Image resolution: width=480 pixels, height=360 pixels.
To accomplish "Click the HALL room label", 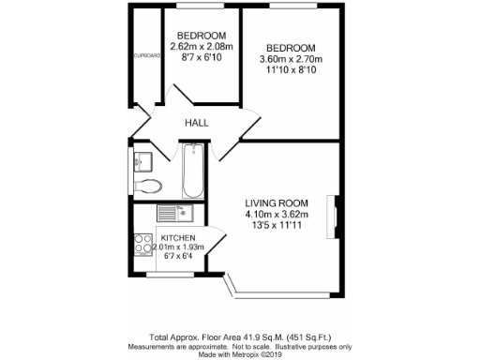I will [x=196, y=123].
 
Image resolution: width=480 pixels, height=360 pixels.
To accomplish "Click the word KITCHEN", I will [x=178, y=238].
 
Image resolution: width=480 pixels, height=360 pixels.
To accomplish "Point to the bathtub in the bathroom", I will [x=192, y=171].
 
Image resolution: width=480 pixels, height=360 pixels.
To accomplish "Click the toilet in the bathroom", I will [x=149, y=185].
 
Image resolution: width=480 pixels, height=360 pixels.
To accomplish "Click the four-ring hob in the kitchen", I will [x=144, y=244].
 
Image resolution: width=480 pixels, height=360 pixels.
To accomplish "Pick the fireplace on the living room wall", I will [x=333, y=213].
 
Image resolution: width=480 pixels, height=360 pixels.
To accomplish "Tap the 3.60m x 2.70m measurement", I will [x=291, y=60].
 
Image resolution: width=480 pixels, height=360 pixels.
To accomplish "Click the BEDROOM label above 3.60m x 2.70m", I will [x=291, y=48].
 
